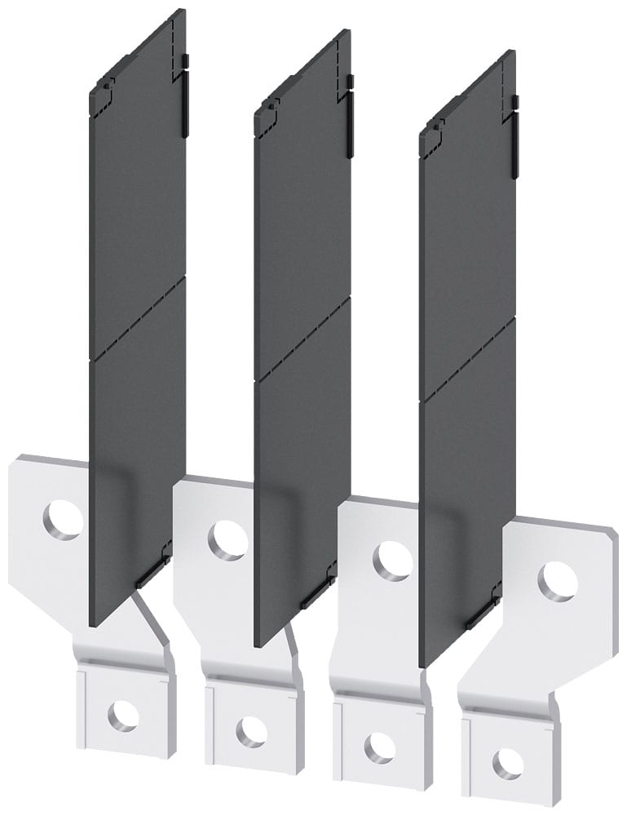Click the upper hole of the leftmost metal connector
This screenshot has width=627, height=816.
(x=63, y=519)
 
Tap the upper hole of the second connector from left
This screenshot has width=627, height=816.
(x=227, y=540)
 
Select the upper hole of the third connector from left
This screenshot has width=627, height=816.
(x=393, y=561)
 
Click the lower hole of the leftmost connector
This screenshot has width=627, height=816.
(x=123, y=716)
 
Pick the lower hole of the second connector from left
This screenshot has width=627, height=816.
(x=252, y=731)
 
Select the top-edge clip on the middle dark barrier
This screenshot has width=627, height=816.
(x=351, y=114)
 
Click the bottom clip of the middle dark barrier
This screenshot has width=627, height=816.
(x=316, y=595)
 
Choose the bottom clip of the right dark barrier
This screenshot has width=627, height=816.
(x=481, y=616)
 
